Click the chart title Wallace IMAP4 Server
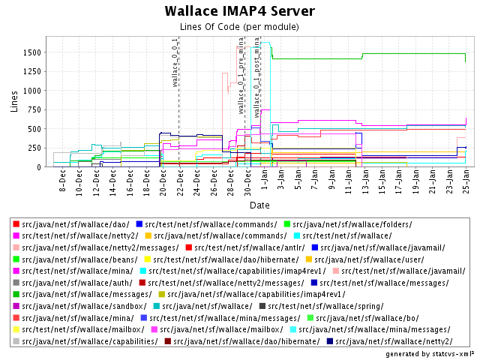coord(240,11)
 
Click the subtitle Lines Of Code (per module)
coord(240,28)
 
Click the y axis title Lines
coord(14,101)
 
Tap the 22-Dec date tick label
coord(179,183)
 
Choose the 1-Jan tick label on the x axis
coord(263,181)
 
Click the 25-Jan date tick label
coord(465,183)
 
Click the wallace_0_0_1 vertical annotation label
coord(175,62)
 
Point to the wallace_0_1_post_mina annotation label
coord(257,76)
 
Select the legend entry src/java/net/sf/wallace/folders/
coord(331,224)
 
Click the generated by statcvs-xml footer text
coord(429,353)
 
